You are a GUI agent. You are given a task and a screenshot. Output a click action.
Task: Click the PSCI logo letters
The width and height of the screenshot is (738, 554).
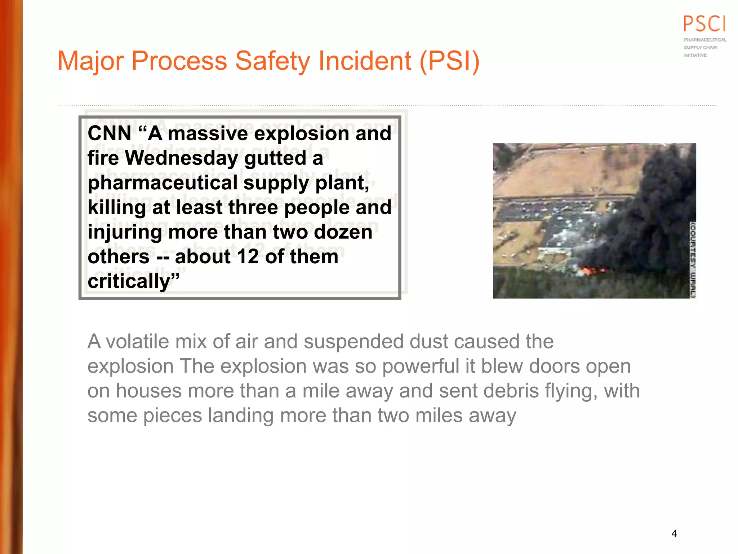(x=704, y=24)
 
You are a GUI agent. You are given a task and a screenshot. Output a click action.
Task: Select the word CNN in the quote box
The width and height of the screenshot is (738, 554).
(x=109, y=133)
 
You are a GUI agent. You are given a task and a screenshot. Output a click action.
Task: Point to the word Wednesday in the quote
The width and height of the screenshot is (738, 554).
(x=182, y=158)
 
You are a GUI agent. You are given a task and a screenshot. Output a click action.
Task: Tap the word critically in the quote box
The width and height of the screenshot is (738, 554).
(x=129, y=281)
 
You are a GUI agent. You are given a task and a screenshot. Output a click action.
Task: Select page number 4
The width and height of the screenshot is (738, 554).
(x=674, y=533)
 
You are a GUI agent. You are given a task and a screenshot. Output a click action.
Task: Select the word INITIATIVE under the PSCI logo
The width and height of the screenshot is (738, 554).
(x=695, y=55)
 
